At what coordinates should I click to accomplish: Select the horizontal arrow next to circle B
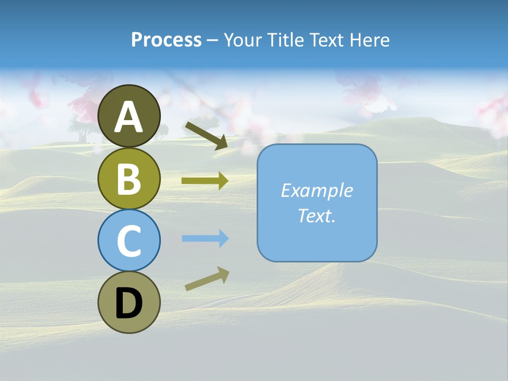click(x=205, y=181)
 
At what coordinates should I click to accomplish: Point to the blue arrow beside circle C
click(x=205, y=239)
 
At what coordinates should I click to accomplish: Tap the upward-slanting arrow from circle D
click(x=207, y=279)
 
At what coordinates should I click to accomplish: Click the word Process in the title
click(x=166, y=40)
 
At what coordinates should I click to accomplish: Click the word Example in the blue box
click(x=317, y=190)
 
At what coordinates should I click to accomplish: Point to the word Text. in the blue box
click(x=317, y=215)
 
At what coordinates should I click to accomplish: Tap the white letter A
click(x=129, y=117)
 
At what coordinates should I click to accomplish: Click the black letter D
click(x=129, y=303)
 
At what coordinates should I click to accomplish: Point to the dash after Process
click(x=212, y=40)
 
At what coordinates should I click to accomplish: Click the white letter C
click(x=129, y=241)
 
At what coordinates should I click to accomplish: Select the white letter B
click(x=129, y=179)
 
